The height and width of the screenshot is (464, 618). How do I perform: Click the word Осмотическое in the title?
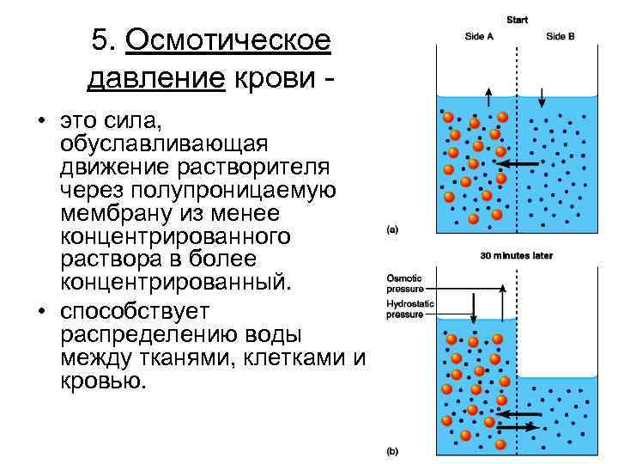pos(228,40)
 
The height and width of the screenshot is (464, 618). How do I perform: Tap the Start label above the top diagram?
pos(518,18)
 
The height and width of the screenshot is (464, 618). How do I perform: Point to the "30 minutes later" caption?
pos(517,255)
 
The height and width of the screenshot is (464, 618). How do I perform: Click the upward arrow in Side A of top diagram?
pos(488,99)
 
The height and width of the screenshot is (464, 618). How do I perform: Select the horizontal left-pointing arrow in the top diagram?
pos(519,163)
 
